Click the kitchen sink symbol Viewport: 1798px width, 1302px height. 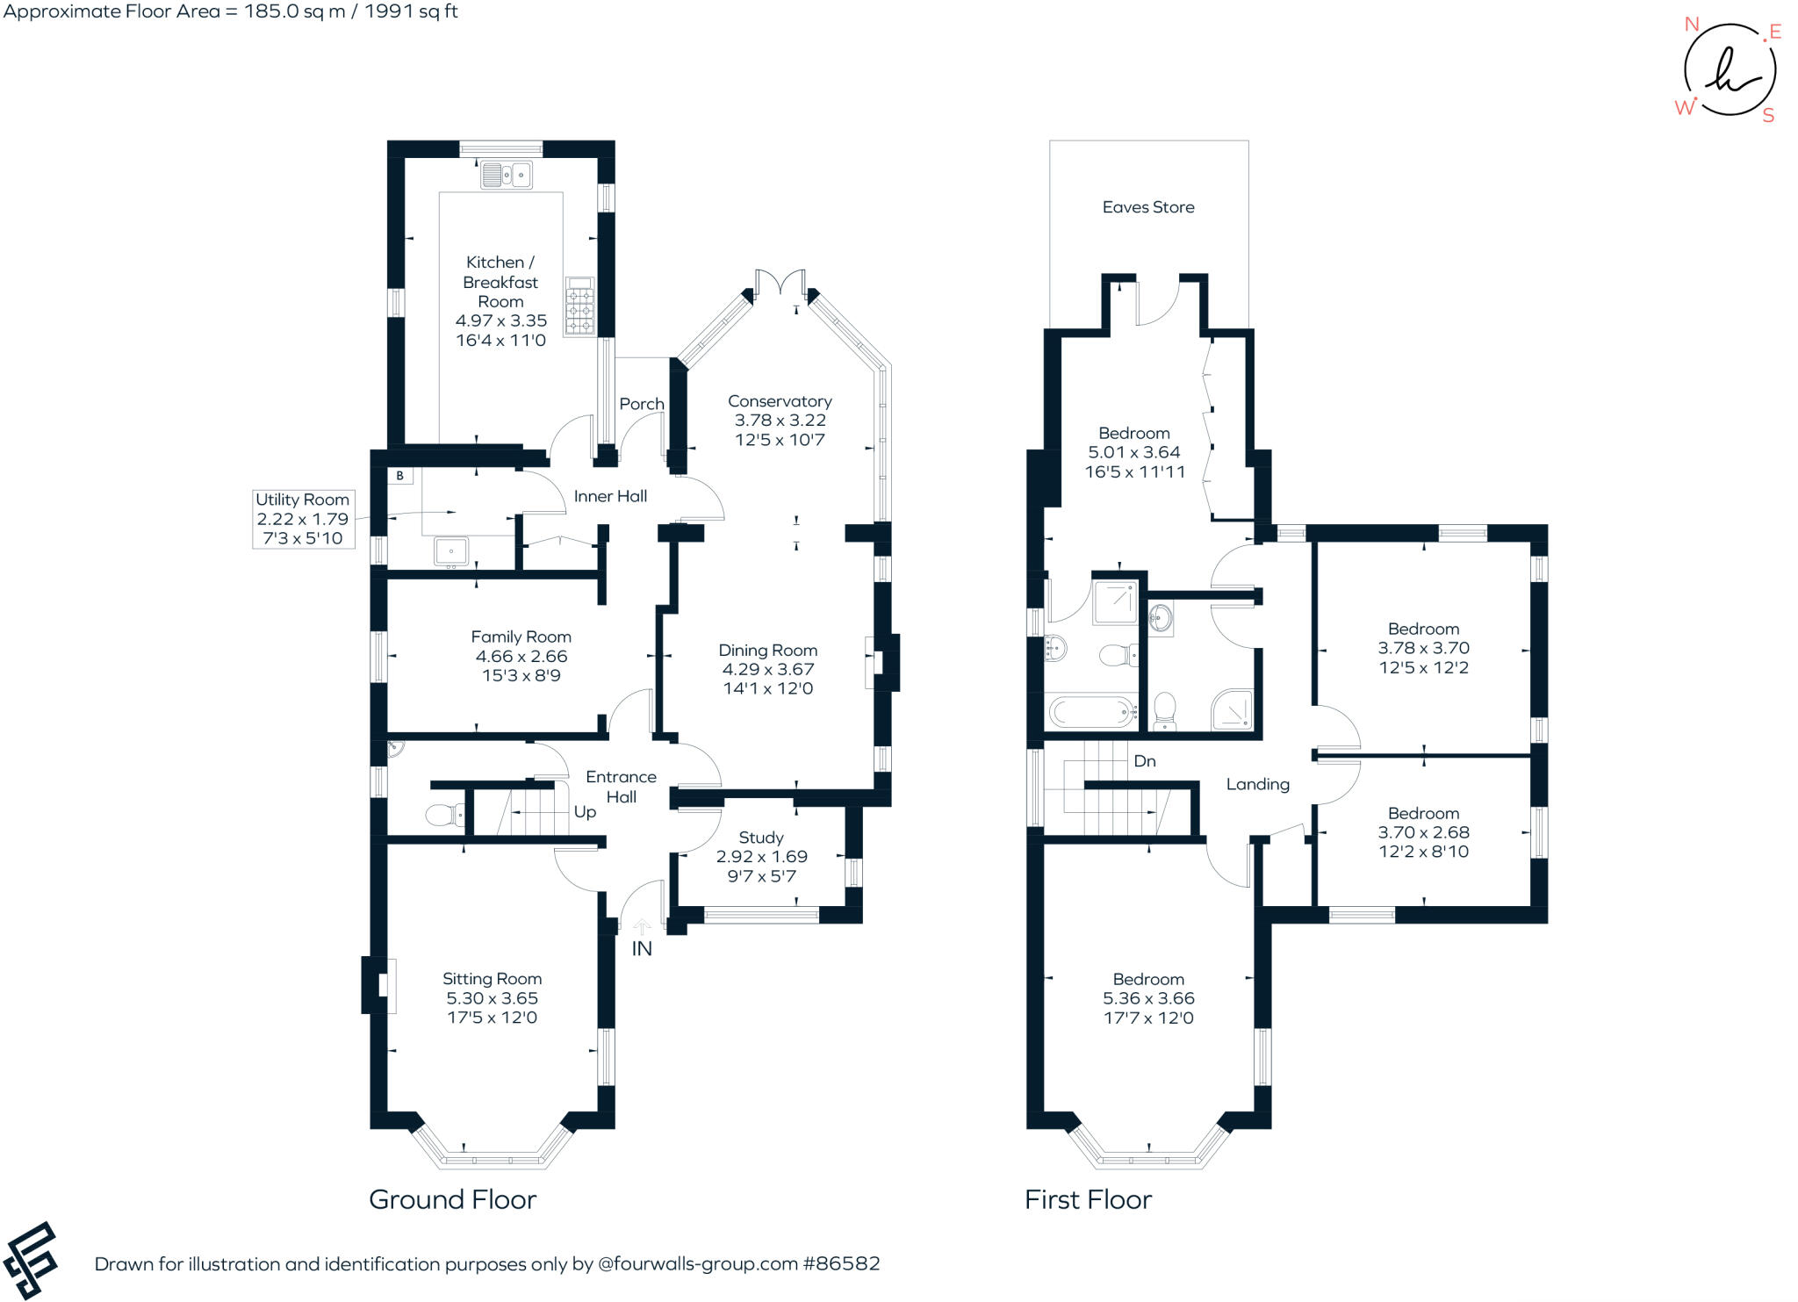tap(507, 175)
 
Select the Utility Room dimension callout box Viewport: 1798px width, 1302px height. tap(303, 519)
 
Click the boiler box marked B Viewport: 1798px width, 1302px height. tap(400, 476)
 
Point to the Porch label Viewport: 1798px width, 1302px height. tap(642, 404)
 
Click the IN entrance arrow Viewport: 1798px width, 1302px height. tap(642, 927)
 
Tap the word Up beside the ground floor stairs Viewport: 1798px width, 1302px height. tap(585, 812)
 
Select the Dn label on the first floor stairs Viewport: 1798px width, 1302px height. tap(1145, 761)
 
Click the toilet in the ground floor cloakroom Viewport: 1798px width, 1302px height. tap(444, 816)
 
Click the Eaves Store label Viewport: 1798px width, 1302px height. tap(1148, 207)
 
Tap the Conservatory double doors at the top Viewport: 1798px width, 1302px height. tap(781, 283)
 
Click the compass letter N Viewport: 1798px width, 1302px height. tap(1691, 25)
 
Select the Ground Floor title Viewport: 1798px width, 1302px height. tap(452, 1199)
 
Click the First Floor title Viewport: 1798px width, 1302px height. tap(1088, 1199)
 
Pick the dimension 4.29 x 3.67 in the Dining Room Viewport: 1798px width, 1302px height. tap(768, 669)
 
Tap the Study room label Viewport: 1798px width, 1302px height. tap(761, 838)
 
